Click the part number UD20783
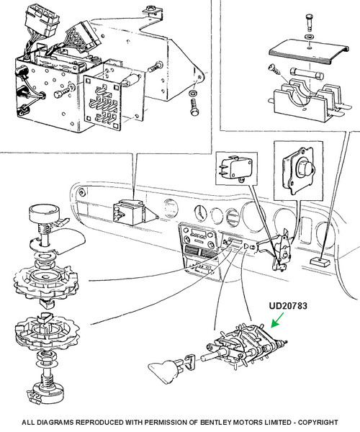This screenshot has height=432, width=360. click(288, 306)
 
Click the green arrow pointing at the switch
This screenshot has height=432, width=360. click(277, 320)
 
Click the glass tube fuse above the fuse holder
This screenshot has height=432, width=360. click(306, 74)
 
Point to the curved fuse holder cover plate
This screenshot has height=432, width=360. click(309, 53)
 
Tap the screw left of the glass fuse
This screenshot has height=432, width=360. click(274, 70)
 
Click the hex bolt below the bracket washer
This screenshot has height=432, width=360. click(194, 107)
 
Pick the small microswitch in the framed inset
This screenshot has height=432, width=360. click(236, 168)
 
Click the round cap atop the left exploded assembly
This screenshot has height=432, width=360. click(44, 213)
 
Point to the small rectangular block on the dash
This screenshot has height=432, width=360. click(319, 262)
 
